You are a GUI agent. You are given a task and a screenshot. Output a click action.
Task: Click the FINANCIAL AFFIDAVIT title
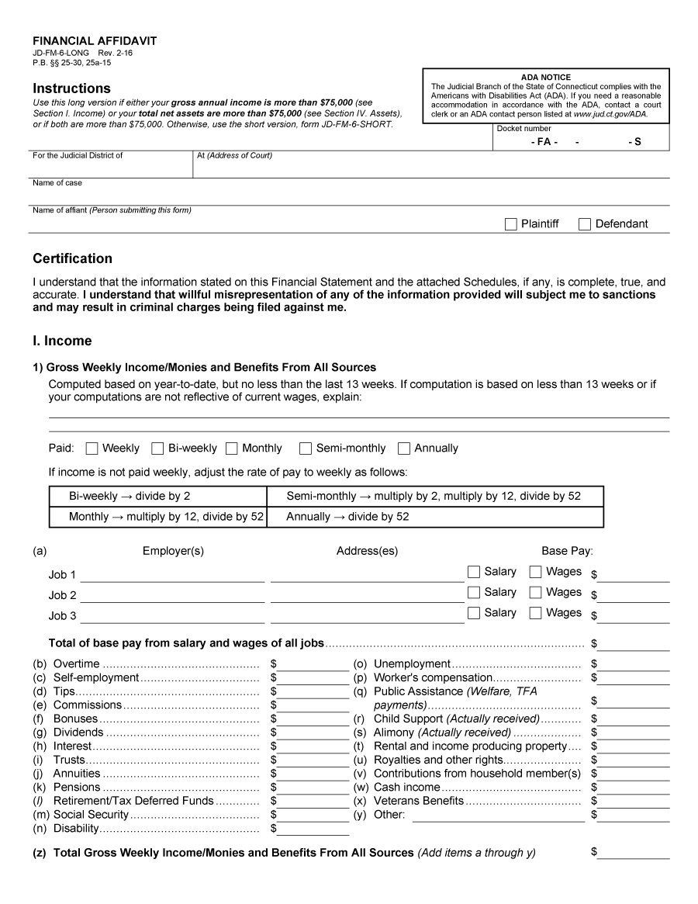pyautogui.click(x=95, y=41)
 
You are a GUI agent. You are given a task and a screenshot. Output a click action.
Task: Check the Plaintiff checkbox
pyautogui.click(x=510, y=224)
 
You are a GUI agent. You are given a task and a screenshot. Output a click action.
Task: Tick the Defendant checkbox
pyautogui.click(x=585, y=224)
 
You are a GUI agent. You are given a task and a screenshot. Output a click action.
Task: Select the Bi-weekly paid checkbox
pyautogui.click(x=157, y=449)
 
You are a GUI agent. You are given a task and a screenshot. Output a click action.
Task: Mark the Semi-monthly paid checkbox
pyautogui.click(x=306, y=449)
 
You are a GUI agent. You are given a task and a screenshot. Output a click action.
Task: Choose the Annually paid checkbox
pyautogui.click(x=404, y=449)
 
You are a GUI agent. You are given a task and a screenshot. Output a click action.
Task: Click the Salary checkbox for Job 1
pyautogui.click(x=474, y=572)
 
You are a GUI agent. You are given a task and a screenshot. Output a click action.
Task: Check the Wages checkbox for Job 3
pyautogui.click(x=535, y=613)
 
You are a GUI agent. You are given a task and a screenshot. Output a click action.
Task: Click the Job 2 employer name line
pyautogui.click(x=172, y=596)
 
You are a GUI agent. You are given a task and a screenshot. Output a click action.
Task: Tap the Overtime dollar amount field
pyautogui.click(x=313, y=664)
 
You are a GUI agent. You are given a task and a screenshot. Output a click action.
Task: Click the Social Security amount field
pyautogui.click(x=313, y=815)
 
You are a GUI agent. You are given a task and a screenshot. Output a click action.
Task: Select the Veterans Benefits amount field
pyautogui.click(x=633, y=801)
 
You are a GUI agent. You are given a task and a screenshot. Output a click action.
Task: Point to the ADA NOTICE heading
pyautogui.click(x=545, y=78)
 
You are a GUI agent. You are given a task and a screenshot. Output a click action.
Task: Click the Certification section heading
pyautogui.click(x=72, y=258)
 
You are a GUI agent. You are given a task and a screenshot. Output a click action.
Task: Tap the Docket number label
pyautogui.click(x=523, y=129)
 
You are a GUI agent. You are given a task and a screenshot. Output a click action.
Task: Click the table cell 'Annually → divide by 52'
pyautogui.click(x=434, y=517)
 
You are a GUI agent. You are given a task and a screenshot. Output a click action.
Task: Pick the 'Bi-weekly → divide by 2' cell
pyautogui.click(x=157, y=496)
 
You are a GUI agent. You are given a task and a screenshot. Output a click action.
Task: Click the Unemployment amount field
pyautogui.click(x=633, y=664)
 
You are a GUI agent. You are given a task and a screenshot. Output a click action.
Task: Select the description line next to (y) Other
pyautogui.click(x=498, y=815)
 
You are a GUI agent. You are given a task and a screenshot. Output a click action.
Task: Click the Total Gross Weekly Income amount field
pyautogui.click(x=633, y=853)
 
